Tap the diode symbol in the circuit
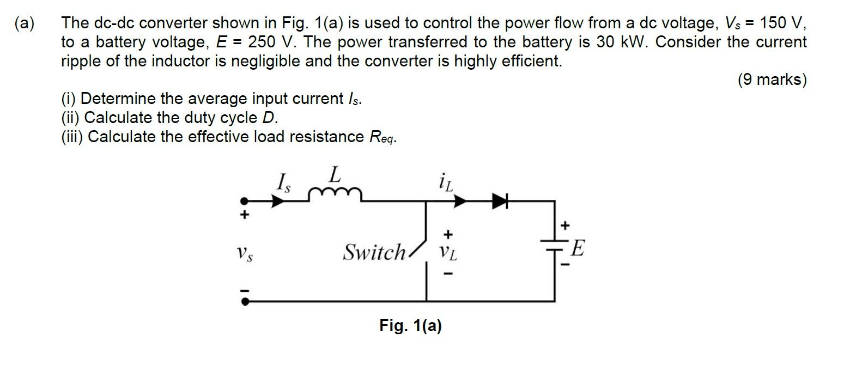point(500,201)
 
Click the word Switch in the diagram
point(374,253)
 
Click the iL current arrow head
point(460,201)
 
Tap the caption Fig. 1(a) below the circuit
point(410,326)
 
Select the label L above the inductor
point(335,175)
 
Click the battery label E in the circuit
point(578,249)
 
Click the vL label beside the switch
point(448,253)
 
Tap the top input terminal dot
point(245,201)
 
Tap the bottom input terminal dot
point(245,301)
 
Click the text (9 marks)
point(772,80)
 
